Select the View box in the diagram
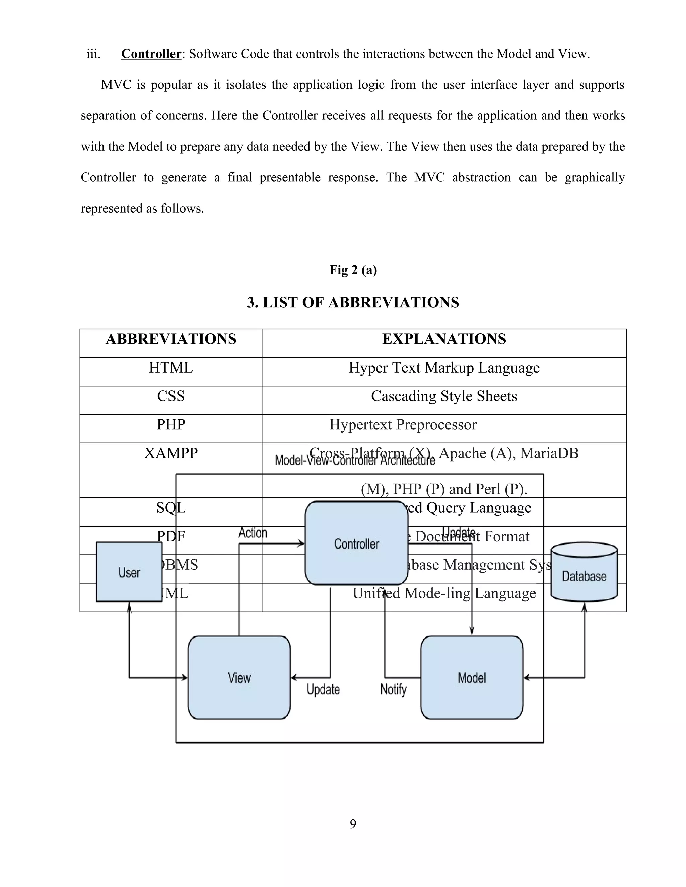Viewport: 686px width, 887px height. [239, 677]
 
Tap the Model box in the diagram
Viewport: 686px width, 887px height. [471, 677]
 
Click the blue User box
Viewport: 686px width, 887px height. [129, 572]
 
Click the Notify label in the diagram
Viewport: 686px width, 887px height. [393, 689]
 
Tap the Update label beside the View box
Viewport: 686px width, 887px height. [323, 689]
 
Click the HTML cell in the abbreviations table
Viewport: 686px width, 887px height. [171, 368]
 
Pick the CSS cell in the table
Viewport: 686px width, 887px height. [171, 396]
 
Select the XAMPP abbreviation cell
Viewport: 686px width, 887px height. [171, 453]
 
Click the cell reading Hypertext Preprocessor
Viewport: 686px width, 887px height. [403, 425]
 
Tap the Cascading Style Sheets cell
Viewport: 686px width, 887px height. [444, 396]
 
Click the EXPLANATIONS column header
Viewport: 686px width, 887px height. [444, 339]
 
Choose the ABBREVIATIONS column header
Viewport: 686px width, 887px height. [171, 339]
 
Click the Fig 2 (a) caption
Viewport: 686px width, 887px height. [353, 270]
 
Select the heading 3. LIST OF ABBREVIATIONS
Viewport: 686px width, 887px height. [353, 303]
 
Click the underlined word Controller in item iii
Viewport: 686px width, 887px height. [151, 54]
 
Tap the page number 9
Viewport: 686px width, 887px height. [353, 824]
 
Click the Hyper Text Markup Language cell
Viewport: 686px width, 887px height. [444, 368]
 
